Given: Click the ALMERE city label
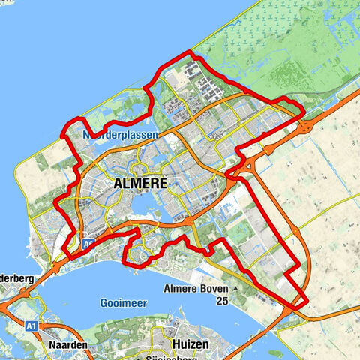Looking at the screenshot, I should tap(142, 182).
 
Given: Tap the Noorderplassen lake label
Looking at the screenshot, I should tap(115, 135).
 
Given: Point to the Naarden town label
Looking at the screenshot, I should tap(70, 344).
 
